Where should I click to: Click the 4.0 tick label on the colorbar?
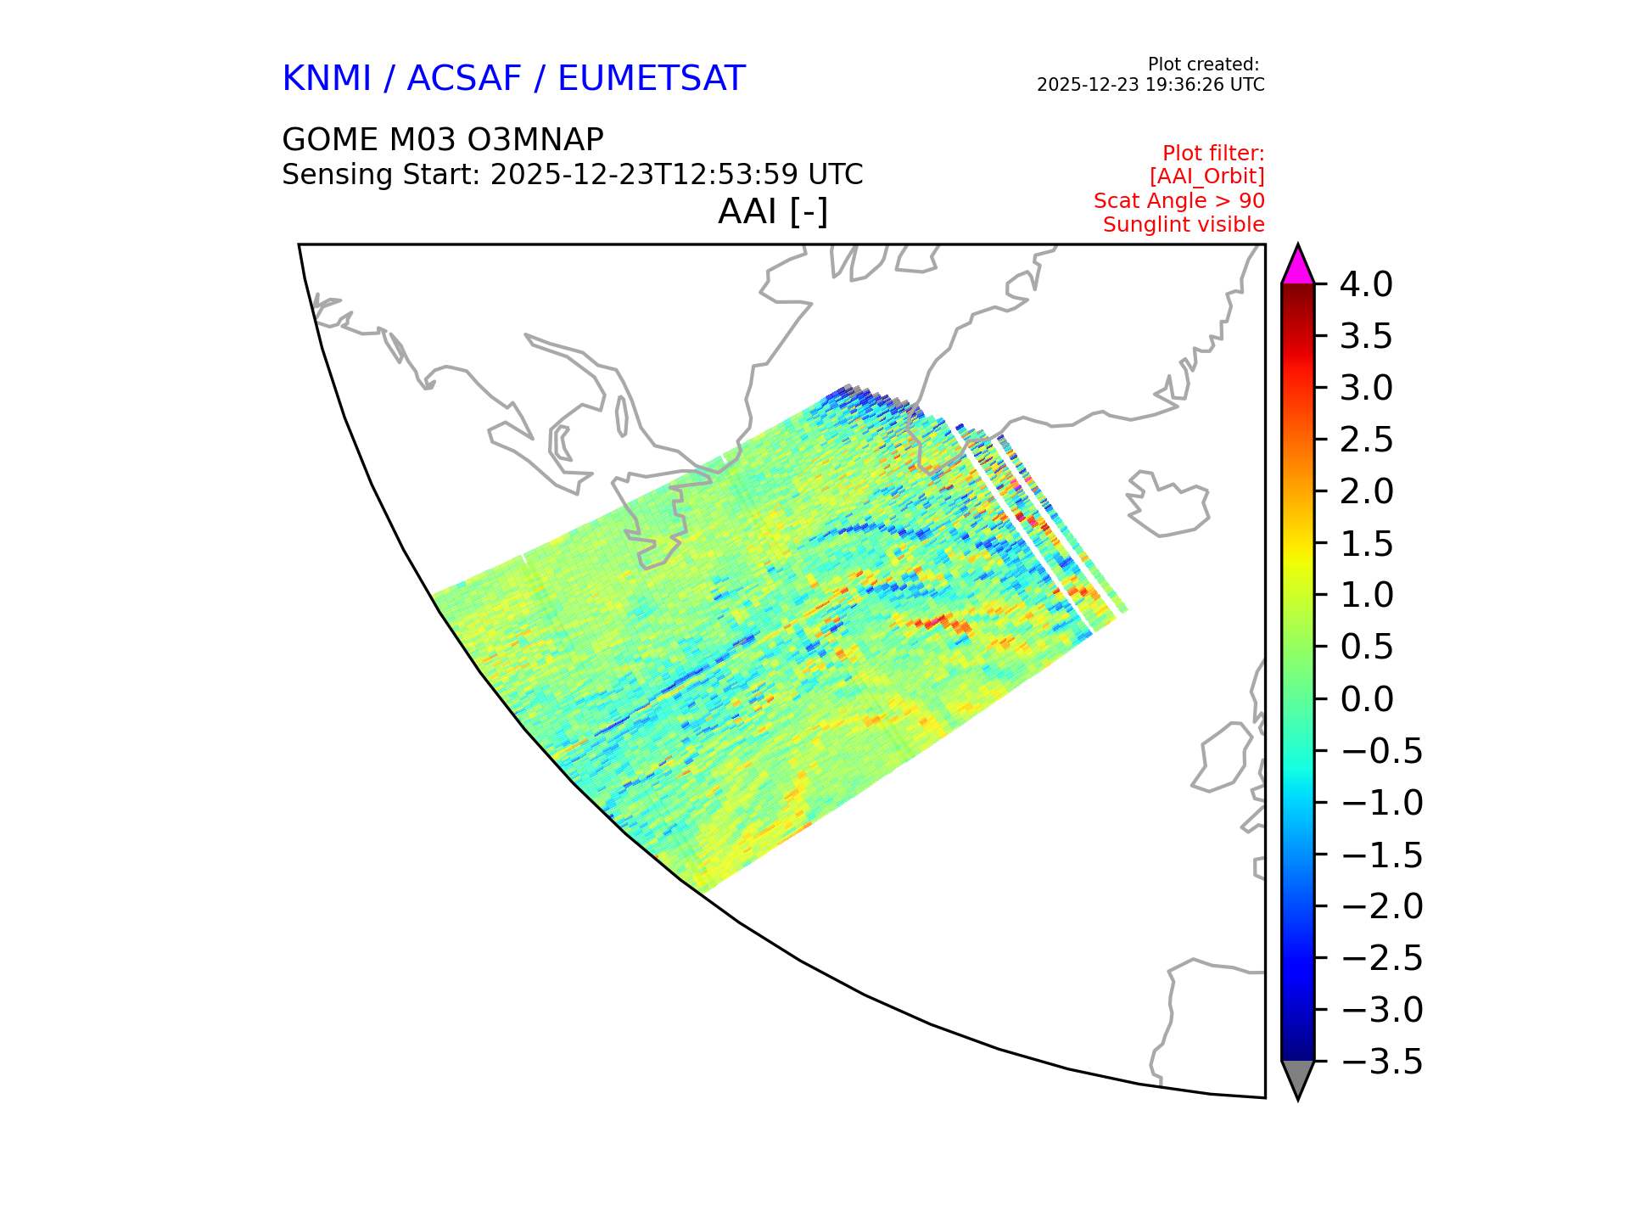tap(1366, 284)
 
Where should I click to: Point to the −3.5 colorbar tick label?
tap(1382, 1062)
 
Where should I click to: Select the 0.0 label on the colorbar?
tap(1367, 699)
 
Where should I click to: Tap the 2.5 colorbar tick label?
tap(1367, 440)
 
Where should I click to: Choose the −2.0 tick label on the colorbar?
tap(1382, 906)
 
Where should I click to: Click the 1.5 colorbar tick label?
tap(1367, 544)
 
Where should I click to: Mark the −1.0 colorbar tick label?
tap(1382, 803)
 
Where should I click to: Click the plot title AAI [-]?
tap(773, 211)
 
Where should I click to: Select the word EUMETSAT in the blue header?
tap(652, 78)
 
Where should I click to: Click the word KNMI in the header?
tap(327, 78)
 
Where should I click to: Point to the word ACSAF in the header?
tap(464, 78)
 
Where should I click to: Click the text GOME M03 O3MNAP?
tap(443, 139)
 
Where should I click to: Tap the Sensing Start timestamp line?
tap(573, 175)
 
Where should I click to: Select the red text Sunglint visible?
tap(1184, 225)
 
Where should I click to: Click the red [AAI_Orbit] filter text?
tap(1206, 177)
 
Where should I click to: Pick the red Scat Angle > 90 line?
tap(1179, 201)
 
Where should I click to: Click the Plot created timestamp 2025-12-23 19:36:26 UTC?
tap(1150, 85)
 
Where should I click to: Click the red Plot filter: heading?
tap(1213, 154)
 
